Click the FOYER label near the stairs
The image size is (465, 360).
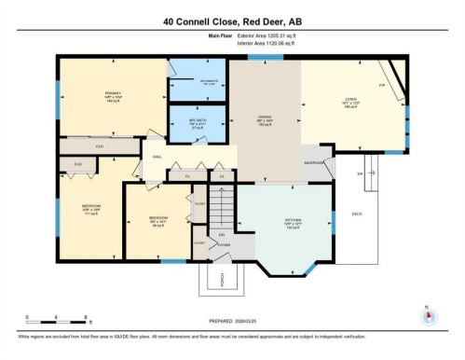(224, 245)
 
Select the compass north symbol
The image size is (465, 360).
(428, 315)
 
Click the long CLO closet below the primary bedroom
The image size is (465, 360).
(97, 146)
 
